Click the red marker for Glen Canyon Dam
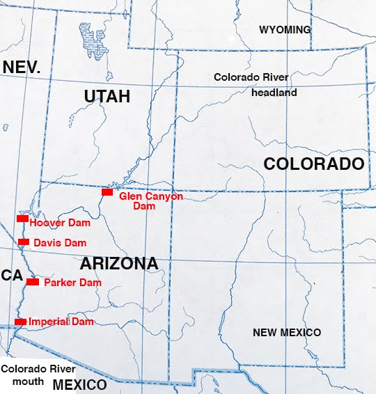(107, 192)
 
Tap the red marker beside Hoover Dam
(22, 219)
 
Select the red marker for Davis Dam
(24, 242)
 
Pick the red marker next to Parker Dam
(32, 282)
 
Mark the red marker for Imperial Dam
(20, 321)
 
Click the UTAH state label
(107, 97)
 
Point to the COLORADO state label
(313, 164)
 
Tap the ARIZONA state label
(118, 264)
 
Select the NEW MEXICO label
(286, 333)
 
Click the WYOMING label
(285, 30)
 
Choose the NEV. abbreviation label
(22, 68)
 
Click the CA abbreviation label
(12, 276)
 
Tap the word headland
(275, 93)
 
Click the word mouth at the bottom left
(27, 382)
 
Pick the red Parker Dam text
(72, 283)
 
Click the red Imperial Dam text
(61, 322)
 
